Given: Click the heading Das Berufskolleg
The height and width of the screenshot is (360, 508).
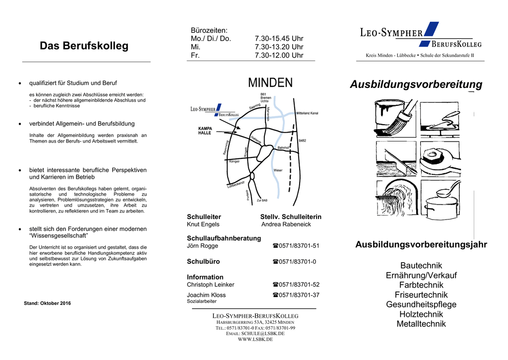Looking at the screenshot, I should point(84,46).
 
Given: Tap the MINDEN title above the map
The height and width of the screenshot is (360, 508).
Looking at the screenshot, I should point(270,83).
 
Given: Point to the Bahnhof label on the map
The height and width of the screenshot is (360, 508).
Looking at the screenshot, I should point(283,148).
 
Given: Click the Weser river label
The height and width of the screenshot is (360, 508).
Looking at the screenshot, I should point(278,170).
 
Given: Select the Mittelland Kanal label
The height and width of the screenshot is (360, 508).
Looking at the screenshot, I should point(307,114).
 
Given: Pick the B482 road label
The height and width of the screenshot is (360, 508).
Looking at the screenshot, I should point(302,141).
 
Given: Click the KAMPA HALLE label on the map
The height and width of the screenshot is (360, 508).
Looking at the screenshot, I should point(205,131).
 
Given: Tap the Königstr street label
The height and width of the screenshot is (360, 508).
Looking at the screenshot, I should point(234,162).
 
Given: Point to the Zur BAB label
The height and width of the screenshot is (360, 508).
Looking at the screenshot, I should point(262,200).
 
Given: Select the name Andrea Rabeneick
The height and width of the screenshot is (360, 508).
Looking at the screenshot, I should point(286,224).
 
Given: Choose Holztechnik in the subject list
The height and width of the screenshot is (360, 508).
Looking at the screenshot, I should point(421,314).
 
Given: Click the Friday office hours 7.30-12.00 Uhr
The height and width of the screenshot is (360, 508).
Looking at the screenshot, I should point(279,56).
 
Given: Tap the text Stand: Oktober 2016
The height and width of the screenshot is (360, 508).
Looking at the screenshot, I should point(47,303).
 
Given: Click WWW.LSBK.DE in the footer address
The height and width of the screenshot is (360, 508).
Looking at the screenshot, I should point(255,340).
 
